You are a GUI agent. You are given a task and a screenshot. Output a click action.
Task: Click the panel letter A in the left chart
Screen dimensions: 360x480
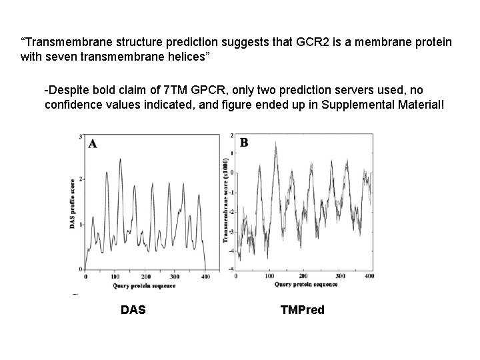[93, 143]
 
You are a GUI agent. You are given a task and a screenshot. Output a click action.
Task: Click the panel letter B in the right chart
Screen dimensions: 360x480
[244, 143]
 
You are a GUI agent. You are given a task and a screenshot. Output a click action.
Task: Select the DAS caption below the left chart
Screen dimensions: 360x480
[133, 309]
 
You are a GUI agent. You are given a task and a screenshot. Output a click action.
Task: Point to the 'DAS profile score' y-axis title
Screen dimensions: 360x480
[72, 204]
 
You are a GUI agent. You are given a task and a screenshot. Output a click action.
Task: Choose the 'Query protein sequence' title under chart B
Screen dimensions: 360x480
[306, 284]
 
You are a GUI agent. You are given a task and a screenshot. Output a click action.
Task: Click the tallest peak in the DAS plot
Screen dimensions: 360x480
[119, 159]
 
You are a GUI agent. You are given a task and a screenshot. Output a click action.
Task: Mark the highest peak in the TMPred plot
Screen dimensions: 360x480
[275, 143]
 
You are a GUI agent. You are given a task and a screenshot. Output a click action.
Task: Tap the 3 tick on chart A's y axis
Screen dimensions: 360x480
[81, 137]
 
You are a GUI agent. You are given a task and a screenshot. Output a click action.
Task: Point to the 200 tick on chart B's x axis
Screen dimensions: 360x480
[303, 275]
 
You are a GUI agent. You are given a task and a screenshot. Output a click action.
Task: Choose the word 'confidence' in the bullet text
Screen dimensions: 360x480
[71, 104]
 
